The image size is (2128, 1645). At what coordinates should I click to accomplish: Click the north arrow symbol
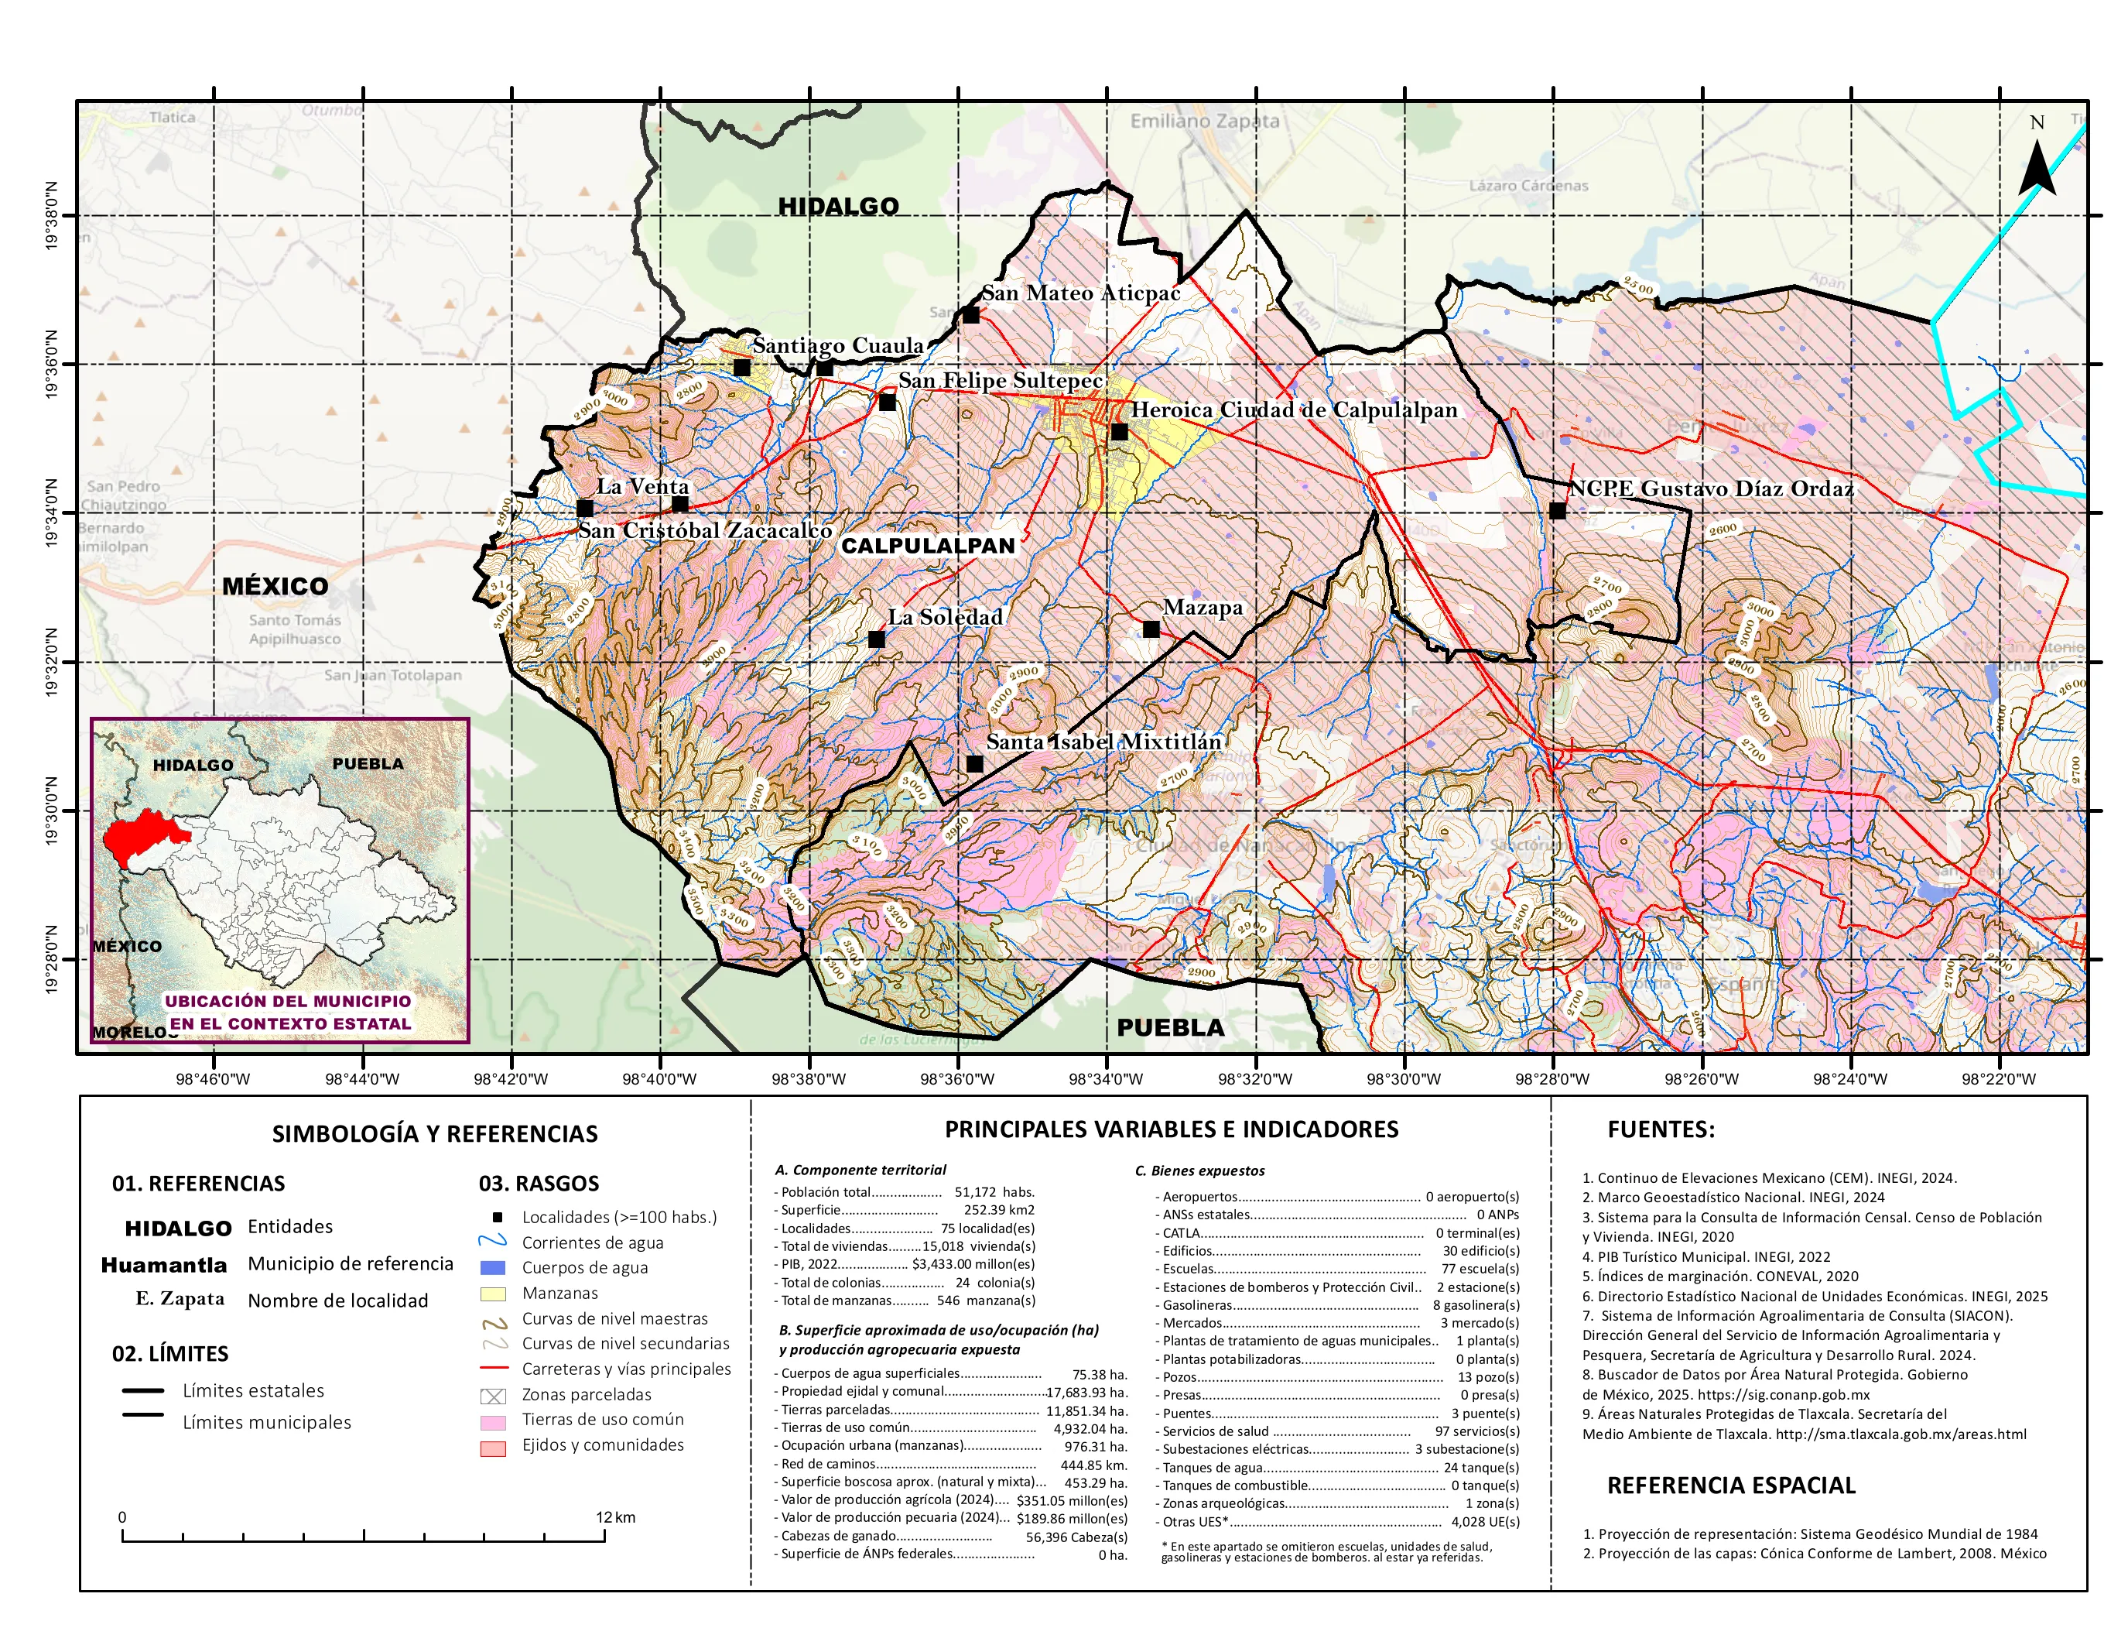point(2037,168)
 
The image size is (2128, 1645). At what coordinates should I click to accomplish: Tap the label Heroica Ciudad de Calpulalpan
point(1294,410)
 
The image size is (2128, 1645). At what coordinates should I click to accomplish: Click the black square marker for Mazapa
point(1151,629)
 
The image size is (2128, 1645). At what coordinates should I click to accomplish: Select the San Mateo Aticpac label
point(1079,293)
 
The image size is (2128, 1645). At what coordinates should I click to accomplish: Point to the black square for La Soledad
point(876,639)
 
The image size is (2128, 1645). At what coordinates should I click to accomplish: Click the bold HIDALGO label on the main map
point(838,207)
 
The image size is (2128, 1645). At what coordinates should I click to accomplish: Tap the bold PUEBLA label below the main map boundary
point(1170,1028)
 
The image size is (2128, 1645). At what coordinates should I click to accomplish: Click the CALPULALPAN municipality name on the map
point(928,546)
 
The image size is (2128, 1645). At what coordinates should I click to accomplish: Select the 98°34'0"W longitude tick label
point(1106,1079)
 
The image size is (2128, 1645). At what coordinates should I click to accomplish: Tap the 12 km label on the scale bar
point(616,1517)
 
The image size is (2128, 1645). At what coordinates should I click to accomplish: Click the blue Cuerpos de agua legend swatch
point(493,1268)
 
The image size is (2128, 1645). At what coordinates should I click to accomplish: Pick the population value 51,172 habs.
point(994,1192)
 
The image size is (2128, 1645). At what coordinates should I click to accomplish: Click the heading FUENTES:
point(1661,1129)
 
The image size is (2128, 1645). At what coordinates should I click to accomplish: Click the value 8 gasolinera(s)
point(1475,1305)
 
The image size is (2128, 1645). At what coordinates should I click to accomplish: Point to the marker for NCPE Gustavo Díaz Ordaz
point(1557,511)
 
